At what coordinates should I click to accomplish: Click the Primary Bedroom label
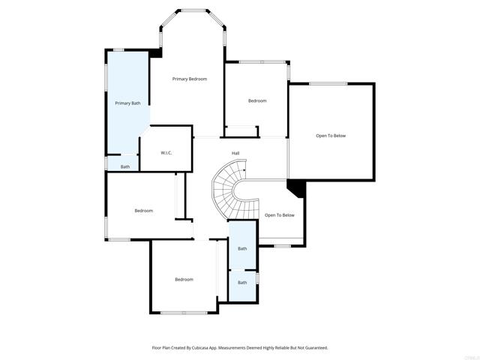point(189,79)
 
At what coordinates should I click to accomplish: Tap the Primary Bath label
point(127,103)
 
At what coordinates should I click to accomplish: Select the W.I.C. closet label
point(166,153)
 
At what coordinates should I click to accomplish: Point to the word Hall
point(235,153)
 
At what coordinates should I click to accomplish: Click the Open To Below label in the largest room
point(331,136)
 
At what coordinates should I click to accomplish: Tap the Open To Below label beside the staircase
point(280,215)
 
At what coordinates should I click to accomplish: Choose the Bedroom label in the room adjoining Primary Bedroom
point(257,100)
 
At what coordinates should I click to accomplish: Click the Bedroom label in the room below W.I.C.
point(144,211)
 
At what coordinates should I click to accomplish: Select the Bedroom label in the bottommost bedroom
point(184,279)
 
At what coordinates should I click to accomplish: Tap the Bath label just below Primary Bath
point(125,166)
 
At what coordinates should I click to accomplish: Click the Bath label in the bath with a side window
point(242,283)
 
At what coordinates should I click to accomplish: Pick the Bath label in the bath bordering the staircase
point(242,248)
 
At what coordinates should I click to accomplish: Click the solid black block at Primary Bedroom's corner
point(156,53)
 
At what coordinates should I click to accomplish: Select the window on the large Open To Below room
point(328,83)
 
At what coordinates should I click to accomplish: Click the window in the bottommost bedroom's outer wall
point(184,313)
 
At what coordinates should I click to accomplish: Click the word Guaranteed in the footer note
point(313,348)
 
